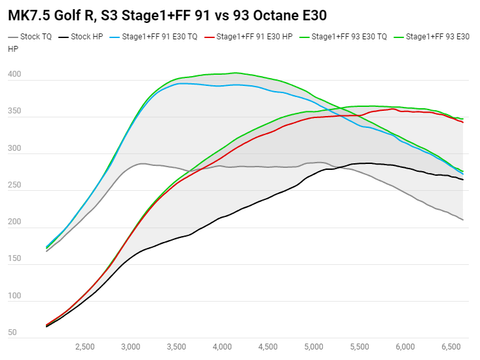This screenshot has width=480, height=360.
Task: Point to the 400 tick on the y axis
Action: [x=14, y=76]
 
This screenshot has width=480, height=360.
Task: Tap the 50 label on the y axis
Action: [x=12, y=332]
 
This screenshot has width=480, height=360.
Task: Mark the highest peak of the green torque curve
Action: [x=235, y=72]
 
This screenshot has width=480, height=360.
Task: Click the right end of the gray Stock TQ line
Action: [x=463, y=220]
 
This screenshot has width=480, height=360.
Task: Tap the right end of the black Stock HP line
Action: [x=463, y=179]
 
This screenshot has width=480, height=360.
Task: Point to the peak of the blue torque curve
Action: [x=180, y=83]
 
